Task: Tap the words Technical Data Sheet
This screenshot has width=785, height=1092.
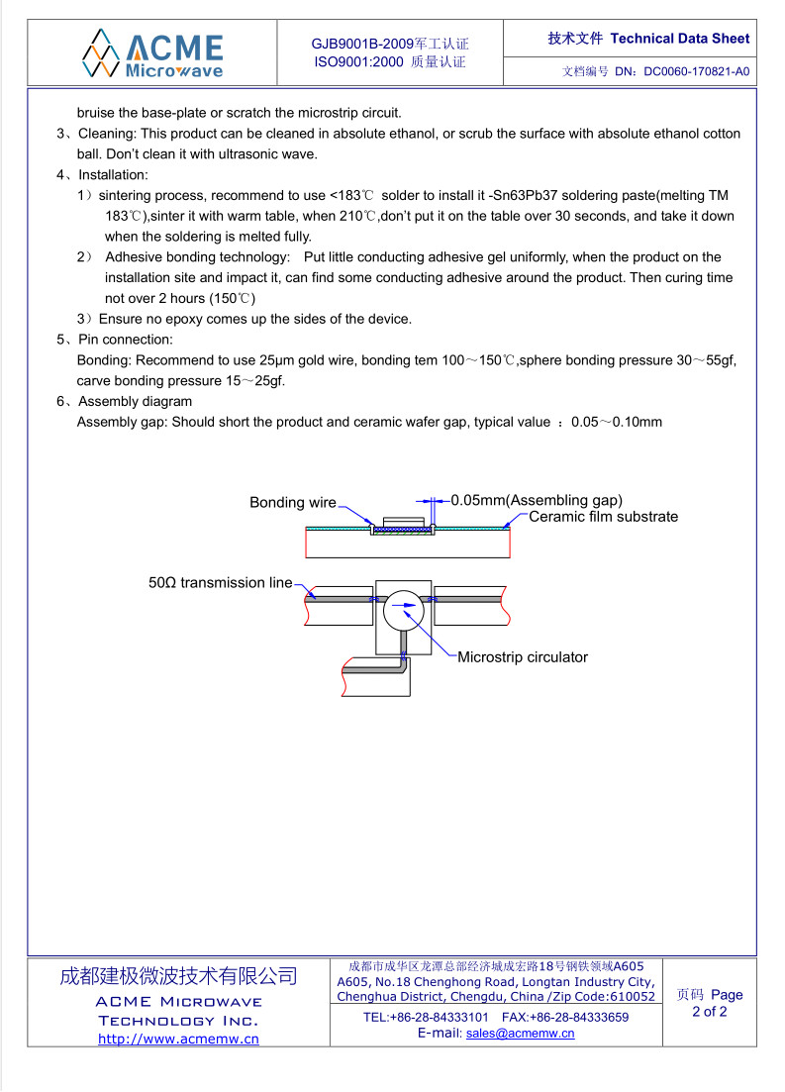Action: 680,39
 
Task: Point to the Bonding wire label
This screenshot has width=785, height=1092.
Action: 292,503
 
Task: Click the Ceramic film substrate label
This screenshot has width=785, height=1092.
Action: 604,517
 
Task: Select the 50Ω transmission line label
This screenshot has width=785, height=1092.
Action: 221,583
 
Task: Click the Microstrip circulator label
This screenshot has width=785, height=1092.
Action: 523,657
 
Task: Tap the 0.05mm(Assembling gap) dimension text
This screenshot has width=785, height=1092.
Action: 537,500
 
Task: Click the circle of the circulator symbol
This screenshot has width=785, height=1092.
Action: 403,610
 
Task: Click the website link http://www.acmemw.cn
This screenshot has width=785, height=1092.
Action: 178,1039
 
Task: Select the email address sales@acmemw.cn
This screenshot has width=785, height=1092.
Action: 520,1033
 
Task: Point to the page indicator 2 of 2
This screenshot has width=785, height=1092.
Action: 709,1012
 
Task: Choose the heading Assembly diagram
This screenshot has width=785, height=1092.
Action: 136,402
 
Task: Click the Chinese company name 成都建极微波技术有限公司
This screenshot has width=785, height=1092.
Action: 178,976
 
